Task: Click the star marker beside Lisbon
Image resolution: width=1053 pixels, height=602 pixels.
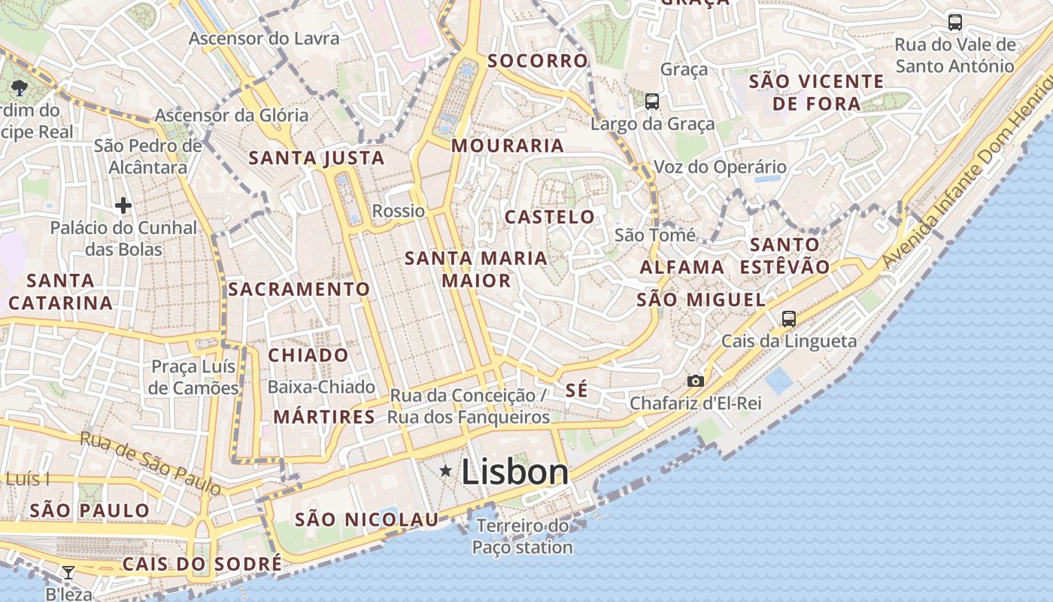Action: (446, 471)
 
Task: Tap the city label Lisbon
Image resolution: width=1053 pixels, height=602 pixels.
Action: (514, 472)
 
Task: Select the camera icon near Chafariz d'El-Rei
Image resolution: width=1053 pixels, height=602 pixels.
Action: (696, 381)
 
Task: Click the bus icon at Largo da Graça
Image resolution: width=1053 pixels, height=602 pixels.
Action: (652, 101)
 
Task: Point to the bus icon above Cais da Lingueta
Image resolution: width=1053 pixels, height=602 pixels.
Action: (788, 318)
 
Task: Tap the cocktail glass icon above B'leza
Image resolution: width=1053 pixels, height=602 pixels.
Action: (68, 573)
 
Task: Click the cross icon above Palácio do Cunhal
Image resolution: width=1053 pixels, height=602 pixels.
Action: (123, 205)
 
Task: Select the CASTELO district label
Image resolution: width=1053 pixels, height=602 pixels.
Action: (550, 217)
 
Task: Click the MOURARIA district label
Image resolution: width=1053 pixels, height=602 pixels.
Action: (508, 146)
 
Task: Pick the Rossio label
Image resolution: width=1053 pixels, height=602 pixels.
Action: (399, 211)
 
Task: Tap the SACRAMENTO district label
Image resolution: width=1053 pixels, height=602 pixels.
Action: (299, 290)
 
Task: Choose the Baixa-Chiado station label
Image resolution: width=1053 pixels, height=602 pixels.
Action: (321, 387)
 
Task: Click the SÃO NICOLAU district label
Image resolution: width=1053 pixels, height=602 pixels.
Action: (366, 519)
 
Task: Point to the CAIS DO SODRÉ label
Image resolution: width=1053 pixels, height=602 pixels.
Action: (202, 564)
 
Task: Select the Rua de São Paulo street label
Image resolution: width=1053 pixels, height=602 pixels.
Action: (150, 463)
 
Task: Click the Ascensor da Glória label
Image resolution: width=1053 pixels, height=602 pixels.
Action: (232, 115)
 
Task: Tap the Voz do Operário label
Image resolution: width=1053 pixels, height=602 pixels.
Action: (720, 167)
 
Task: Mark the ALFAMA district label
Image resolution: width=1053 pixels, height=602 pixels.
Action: (682, 267)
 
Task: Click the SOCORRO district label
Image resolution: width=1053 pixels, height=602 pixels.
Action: (538, 61)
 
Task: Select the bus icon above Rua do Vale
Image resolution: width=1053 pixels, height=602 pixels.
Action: (955, 23)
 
